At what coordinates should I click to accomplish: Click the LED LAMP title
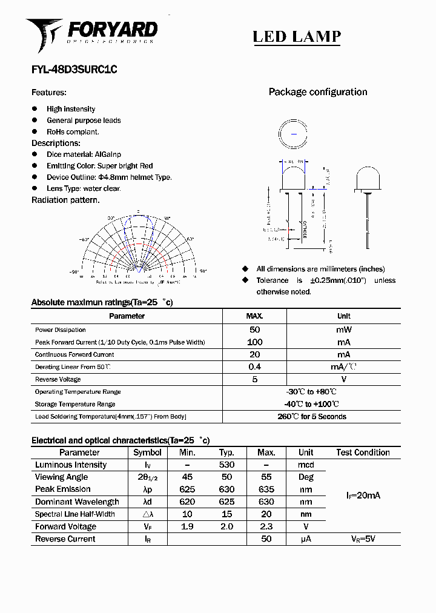click(296, 37)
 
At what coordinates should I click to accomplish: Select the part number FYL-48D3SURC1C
click(74, 70)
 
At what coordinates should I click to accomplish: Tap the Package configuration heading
click(317, 92)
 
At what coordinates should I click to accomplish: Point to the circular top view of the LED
click(294, 133)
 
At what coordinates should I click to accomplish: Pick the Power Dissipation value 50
click(254, 330)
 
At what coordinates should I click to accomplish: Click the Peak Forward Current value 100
click(254, 342)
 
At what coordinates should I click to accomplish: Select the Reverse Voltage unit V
click(343, 379)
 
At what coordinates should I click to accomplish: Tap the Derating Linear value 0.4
click(254, 367)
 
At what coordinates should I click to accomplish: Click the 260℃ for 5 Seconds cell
click(311, 417)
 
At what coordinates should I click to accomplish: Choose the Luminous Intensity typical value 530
click(226, 465)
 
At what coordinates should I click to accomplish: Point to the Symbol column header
click(147, 452)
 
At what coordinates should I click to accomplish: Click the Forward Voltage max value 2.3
click(266, 526)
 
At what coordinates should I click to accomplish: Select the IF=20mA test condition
click(363, 495)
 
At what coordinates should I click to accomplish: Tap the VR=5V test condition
click(363, 539)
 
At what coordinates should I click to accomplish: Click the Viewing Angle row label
click(62, 477)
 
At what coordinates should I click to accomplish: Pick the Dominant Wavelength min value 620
click(187, 502)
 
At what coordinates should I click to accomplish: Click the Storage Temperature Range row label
click(75, 404)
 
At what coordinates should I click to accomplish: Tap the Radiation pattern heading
click(65, 200)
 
